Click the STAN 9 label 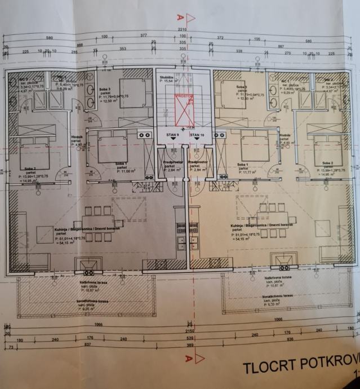pos(172,135)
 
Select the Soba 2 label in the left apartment pos(30,169)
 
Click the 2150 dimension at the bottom pos(182,331)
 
